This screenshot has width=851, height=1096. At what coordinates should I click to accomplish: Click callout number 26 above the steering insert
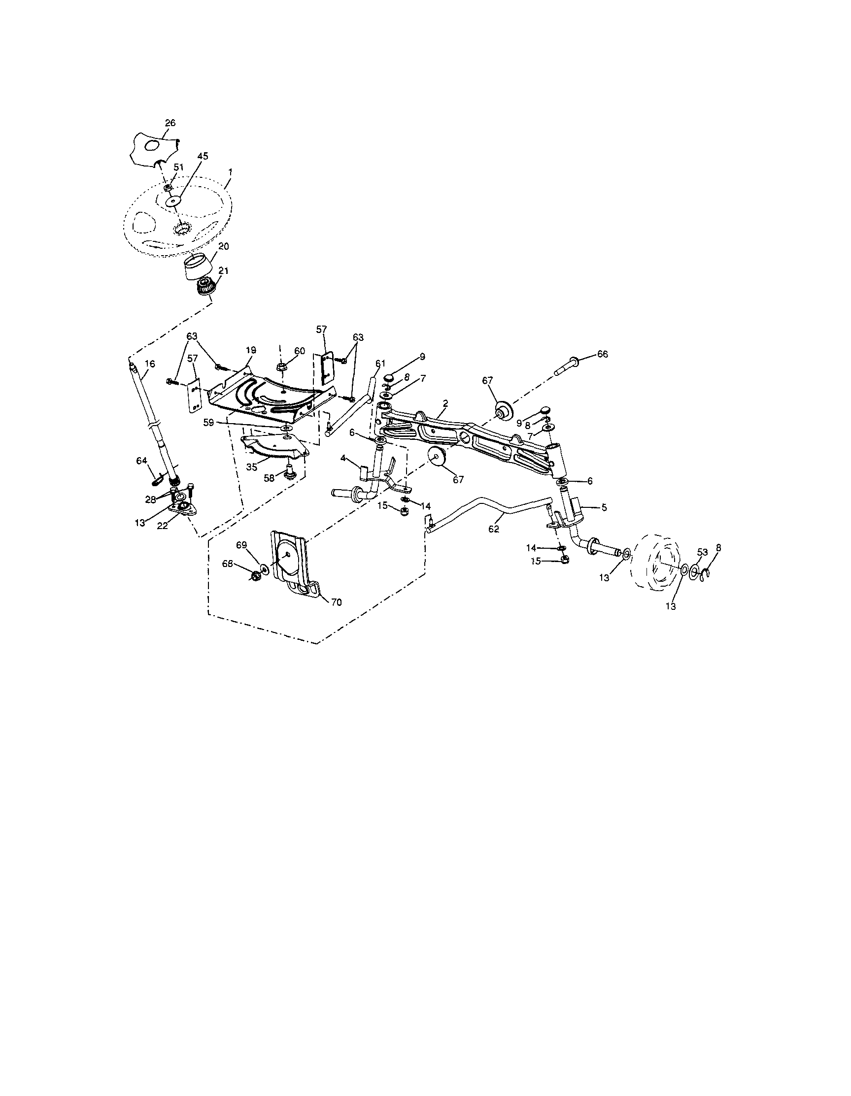pos(170,123)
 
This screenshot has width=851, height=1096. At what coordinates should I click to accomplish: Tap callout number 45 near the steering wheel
pos(203,156)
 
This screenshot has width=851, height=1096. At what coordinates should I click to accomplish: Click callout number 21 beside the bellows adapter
pos(223,270)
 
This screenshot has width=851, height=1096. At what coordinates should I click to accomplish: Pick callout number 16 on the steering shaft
pos(150,364)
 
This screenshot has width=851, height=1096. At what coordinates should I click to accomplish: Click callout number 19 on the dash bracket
pos(250,350)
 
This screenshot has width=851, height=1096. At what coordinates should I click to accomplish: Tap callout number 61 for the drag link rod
pos(379,363)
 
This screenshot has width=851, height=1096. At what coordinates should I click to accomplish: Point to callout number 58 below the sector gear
pos(270,478)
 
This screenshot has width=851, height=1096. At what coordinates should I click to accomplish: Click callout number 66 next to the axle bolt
pos(602,354)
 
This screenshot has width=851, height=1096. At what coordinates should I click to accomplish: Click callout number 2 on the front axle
pos(445,403)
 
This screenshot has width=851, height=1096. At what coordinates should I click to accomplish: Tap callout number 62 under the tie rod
pos(494,529)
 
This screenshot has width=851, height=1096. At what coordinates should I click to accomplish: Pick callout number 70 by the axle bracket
pos(336,602)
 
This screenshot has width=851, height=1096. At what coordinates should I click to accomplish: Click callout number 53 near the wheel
pos(702,552)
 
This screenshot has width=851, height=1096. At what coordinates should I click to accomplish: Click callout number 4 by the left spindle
pos(343,458)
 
